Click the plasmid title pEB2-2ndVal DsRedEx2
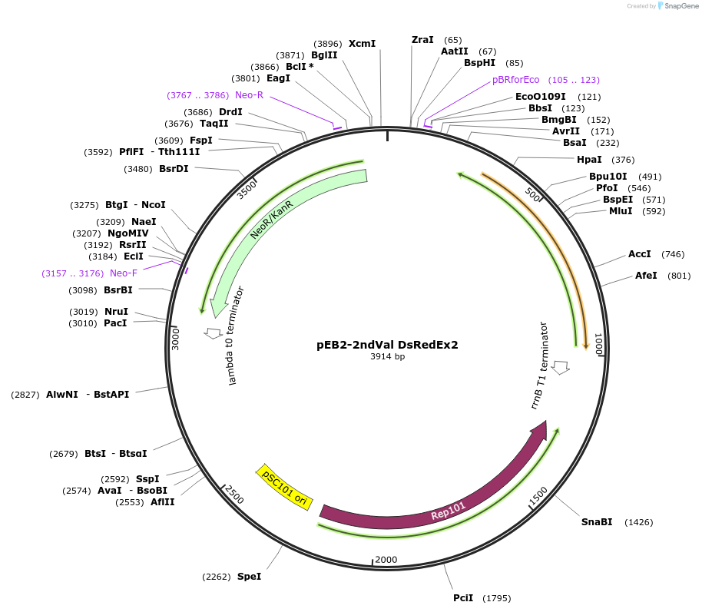pos(387,345)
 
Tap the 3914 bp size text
pos(387,357)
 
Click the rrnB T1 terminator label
pos(540,366)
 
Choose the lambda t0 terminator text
pos(237,336)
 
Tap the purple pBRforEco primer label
pos(515,80)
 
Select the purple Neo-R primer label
pos(249,95)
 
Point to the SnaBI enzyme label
pos(597,522)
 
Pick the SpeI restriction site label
pos(249,577)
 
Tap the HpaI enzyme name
pos(589,160)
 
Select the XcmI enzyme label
pos(363,44)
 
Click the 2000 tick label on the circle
pos(386,560)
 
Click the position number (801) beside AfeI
pos(679,276)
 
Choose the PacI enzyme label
pos(116,323)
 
